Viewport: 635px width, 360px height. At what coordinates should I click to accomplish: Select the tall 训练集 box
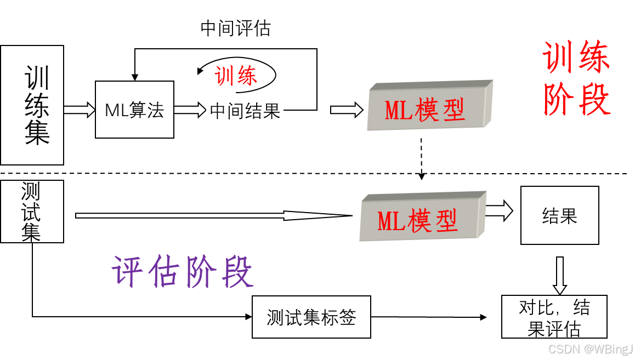pos(32,105)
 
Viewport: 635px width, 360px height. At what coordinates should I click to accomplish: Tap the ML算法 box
pos(134,110)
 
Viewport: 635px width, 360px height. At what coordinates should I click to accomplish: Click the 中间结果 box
pos(245,111)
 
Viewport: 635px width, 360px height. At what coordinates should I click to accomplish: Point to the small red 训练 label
pos(236,76)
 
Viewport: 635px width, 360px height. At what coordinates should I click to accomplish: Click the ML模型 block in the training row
pos(429,107)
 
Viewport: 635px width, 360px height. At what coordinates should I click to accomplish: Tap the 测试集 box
pos(32,212)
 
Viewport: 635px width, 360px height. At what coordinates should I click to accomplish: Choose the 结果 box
pos(559,215)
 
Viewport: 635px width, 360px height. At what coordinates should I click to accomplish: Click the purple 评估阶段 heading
pos(183,272)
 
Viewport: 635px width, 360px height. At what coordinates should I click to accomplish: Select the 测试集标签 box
pos(311,317)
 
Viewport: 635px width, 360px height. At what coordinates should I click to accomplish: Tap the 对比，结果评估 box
pos(554,317)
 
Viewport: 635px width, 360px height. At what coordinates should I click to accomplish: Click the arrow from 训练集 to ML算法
pos(80,110)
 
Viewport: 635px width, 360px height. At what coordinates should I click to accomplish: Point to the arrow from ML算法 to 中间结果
pos(189,110)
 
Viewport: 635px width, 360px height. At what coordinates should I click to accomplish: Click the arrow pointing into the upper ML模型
pos(347,110)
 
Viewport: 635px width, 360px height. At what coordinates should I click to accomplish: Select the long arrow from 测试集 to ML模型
pos(208,215)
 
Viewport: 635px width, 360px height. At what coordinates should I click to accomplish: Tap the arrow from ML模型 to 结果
pos(498,210)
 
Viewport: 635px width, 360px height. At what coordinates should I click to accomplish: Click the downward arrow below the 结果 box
pos(559,275)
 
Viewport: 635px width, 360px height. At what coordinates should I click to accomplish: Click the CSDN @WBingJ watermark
pos(590,348)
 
